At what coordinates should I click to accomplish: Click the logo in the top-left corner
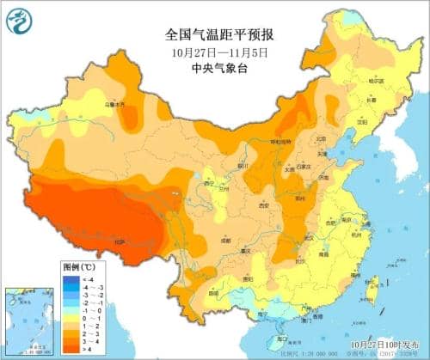tap(19, 20)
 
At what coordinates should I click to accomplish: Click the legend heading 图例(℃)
tap(79, 268)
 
